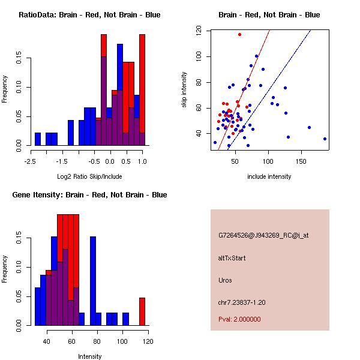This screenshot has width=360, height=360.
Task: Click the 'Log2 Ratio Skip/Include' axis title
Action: tap(86, 176)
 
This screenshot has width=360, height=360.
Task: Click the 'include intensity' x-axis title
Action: tap(269, 176)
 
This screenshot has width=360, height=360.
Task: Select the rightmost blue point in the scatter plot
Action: tap(325, 139)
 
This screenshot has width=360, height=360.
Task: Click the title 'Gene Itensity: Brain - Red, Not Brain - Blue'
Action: tap(89, 195)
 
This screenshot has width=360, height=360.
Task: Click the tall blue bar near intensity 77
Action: tap(93, 281)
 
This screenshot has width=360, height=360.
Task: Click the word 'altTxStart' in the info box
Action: tap(232, 258)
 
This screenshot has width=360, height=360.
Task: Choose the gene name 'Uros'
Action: tap(225, 280)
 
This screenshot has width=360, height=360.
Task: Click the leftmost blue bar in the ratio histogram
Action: tap(38, 139)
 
